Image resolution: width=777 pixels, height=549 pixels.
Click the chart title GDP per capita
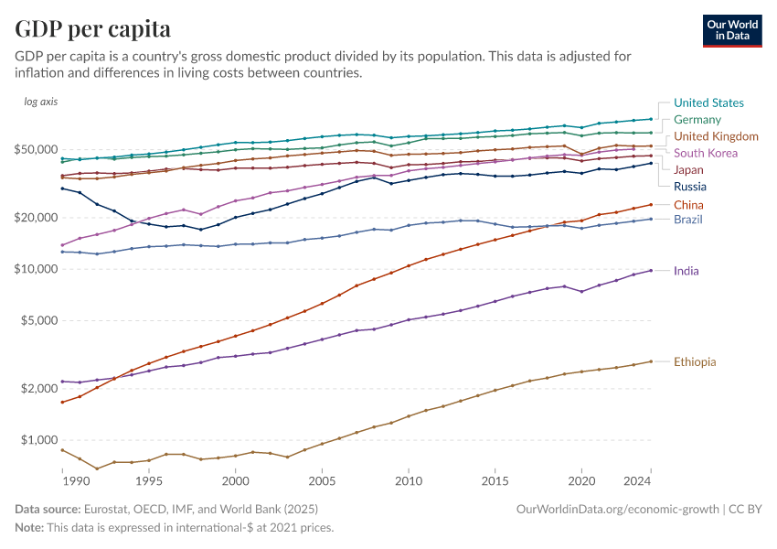click(93, 28)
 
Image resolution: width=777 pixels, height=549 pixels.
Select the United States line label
click(708, 103)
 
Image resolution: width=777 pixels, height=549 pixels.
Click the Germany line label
click(697, 120)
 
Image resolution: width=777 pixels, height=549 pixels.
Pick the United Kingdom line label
click(716, 136)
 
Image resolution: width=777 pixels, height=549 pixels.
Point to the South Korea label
click(706, 153)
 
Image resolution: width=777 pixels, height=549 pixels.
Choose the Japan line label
click(688, 170)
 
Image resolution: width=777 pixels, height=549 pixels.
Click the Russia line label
click(690, 187)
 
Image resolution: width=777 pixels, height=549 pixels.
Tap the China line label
click(688, 204)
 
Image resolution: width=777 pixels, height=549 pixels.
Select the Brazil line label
click(688, 220)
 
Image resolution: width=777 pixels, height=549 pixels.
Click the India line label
click(686, 271)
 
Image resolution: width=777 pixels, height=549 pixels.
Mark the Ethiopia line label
click(695, 361)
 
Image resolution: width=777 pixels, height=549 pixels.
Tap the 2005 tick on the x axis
click(322, 481)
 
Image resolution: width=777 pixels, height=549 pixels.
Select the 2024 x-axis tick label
click(638, 481)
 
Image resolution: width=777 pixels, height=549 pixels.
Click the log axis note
click(41, 102)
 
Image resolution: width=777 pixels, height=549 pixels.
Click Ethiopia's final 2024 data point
click(651, 361)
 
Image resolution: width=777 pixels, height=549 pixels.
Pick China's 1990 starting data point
click(62, 402)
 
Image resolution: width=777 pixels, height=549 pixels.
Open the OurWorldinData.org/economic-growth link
click(618, 508)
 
